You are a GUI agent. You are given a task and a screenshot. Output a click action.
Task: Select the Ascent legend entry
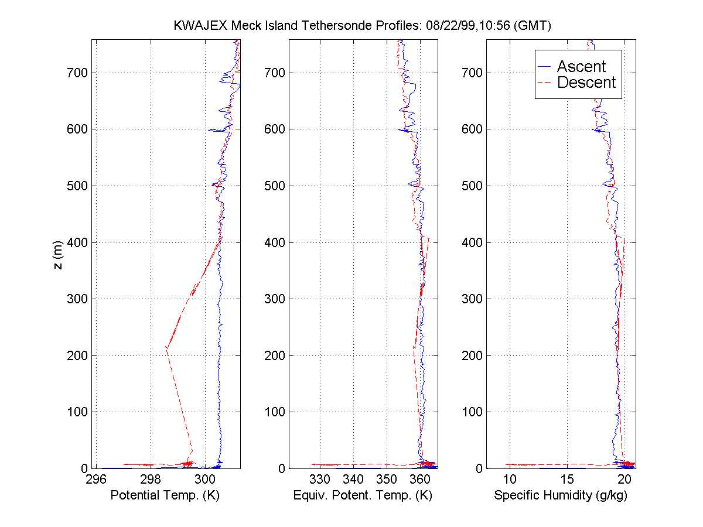point(581,66)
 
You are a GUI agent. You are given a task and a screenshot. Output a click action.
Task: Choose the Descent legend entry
point(586,83)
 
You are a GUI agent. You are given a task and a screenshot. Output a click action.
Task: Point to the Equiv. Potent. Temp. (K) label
point(363,496)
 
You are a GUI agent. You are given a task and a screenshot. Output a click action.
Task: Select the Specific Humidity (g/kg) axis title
point(561,496)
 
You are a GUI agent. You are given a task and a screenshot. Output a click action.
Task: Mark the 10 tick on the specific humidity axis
point(509,480)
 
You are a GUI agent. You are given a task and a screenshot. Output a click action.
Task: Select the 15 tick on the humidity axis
point(567,480)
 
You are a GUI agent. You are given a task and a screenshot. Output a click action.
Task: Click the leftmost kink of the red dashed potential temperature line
point(166,348)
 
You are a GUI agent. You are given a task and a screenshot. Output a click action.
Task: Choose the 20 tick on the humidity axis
point(624,480)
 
